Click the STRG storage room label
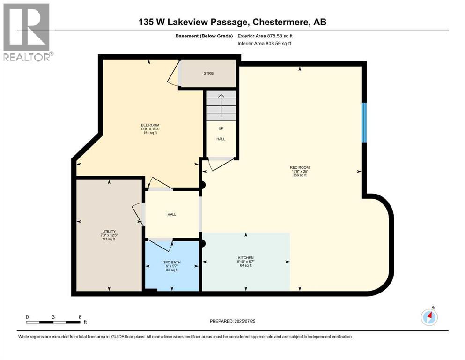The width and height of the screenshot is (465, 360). (x=208, y=73)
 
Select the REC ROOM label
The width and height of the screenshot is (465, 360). (x=300, y=167)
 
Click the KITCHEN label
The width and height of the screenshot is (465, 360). (x=245, y=258)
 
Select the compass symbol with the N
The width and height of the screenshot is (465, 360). (x=429, y=317)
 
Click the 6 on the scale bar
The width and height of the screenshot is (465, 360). (x=80, y=317)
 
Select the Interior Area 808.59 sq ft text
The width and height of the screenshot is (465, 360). (x=265, y=44)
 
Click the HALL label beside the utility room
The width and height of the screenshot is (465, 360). (x=172, y=214)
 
